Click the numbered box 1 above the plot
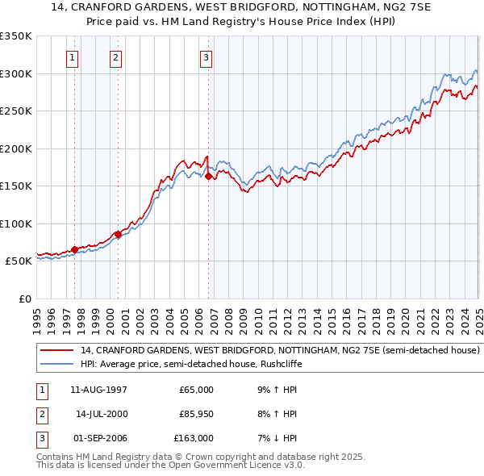coord(73,57)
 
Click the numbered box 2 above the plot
coord(116,57)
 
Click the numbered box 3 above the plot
coord(207,57)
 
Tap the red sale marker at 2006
coord(208,176)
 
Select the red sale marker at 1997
coord(74,250)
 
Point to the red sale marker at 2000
coord(118,234)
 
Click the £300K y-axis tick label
coord(16,73)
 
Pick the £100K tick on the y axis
coord(16,223)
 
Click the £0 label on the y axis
coord(23,299)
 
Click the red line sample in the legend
coord(56,351)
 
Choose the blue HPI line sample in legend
coord(56,365)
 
